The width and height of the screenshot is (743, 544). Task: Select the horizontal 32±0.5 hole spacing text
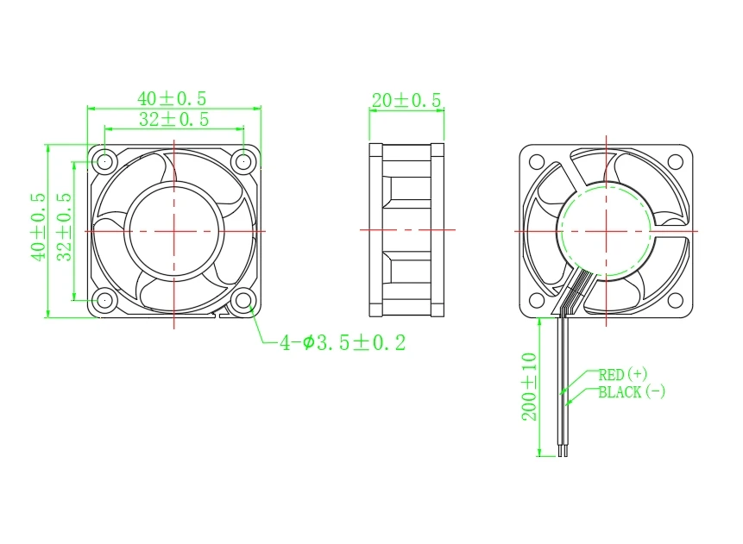tap(173, 119)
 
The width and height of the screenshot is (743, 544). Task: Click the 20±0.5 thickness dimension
tap(406, 101)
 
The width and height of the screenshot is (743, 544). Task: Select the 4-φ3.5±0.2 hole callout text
tap(342, 343)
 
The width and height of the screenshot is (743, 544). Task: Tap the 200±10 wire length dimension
tap(529, 386)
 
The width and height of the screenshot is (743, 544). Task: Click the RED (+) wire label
tap(622, 374)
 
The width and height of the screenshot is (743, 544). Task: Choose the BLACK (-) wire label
tap(632, 392)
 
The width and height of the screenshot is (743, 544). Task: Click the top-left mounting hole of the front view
tap(105, 160)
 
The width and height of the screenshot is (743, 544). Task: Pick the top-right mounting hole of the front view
tap(244, 160)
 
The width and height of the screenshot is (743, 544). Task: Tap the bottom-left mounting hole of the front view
tap(105, 300)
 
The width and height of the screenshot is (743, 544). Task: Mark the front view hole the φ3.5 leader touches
tap(244, 300)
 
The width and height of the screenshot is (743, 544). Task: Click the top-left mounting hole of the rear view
tap(536, 161)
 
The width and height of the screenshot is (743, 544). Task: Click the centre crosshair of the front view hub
tap(174, 230)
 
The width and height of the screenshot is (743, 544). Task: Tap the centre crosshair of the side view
tap(406, 230)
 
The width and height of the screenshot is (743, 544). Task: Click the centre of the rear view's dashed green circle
tap(606, 231)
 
